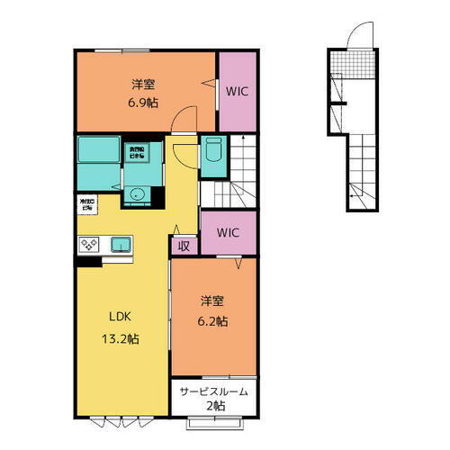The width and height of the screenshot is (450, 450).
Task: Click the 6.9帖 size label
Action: pos(140,103)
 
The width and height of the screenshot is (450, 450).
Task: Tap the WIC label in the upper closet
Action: pos(238,91)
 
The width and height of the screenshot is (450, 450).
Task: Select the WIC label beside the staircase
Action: pos(229,232)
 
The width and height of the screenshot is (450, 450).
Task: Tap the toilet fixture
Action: pos(213,157)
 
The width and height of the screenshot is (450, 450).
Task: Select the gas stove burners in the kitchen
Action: pos(91,246)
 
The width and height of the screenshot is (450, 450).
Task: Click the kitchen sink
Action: pos(121,244)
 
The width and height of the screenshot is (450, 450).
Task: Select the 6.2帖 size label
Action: pos(212,320)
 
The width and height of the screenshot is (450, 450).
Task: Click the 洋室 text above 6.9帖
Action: pos(140,85)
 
